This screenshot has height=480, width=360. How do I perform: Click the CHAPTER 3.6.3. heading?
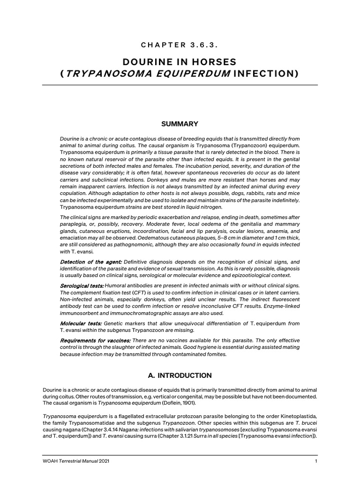click(x=180, y=45)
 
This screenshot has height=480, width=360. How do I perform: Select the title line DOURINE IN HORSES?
click(x=180, y=62)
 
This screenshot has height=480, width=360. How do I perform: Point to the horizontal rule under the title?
click(x=180, y=85)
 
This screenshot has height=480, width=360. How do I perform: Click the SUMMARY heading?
click(x=180, y=124)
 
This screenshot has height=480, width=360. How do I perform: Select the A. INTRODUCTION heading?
click(x=180, y=375)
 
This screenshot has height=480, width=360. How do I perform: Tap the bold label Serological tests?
click(x=82, y=285)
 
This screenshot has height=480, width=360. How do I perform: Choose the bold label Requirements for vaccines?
click(x=96, y=340)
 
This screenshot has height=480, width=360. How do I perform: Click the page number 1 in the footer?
click(x=316, y=463)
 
